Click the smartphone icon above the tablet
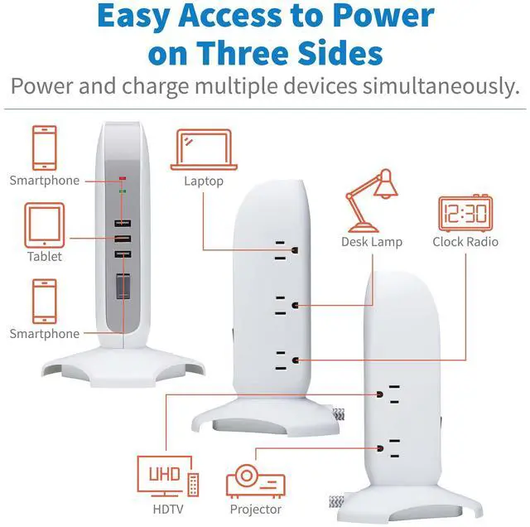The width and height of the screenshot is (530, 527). (x=45, y=147)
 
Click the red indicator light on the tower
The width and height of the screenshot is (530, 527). (x=122, y=177)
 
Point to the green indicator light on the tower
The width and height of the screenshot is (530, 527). (x=122, y=192)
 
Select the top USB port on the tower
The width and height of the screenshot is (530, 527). (x=122, y=224)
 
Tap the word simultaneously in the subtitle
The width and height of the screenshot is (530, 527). (x=437, y=86)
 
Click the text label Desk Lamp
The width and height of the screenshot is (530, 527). (x=372, y=242)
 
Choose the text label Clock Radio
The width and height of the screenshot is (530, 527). (x=465, y=242)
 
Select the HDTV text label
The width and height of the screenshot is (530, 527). (x=166, y=509)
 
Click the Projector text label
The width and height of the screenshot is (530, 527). (x=255, y=509)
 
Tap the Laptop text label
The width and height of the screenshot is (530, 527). (x=204, y=181)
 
